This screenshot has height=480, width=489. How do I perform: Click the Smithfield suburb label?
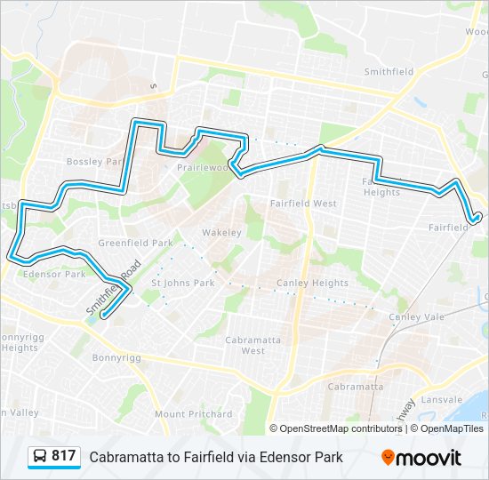389,73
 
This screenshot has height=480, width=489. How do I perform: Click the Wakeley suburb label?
221,233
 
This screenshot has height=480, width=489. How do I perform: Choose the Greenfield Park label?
135,243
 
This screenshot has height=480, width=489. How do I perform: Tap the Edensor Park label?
55,275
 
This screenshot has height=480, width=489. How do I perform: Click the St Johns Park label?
183,284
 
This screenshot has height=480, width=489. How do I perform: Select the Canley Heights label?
312,284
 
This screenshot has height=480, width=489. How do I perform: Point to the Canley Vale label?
414,316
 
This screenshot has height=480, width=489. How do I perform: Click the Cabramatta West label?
245,345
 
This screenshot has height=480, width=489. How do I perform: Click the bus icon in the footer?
41,457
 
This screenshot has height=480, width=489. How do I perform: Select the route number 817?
63,456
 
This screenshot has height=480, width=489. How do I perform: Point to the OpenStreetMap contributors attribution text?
341,428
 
